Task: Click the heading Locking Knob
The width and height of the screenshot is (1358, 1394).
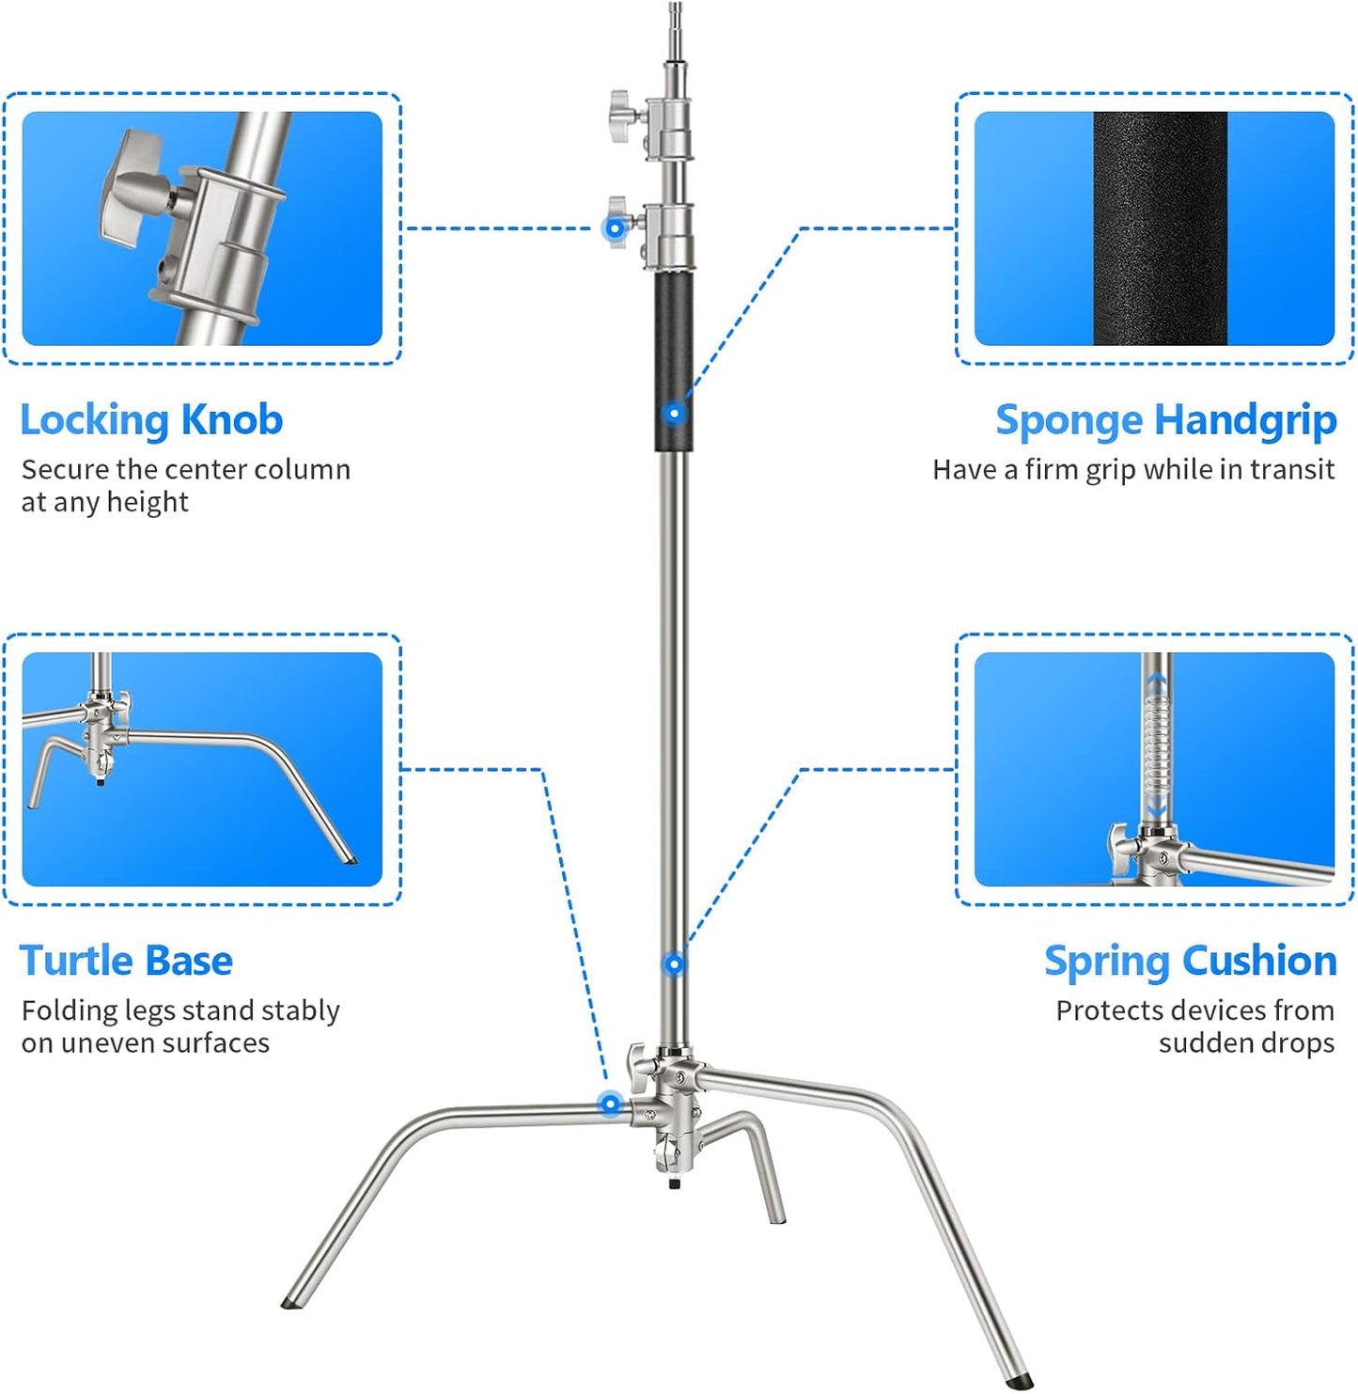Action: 151,420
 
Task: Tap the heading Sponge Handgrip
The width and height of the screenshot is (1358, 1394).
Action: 1165,420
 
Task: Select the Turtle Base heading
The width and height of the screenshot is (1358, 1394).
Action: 126,961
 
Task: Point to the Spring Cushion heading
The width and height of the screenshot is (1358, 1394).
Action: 1190,961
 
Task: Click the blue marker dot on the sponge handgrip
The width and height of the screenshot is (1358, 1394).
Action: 674,414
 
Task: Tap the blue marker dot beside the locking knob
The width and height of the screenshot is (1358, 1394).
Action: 615,228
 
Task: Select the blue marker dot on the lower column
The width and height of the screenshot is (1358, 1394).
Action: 674,963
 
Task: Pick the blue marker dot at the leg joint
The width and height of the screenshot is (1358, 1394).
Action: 611,1104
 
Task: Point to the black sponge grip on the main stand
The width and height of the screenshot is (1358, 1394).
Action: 674,357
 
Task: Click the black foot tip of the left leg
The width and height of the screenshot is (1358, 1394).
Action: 290,1304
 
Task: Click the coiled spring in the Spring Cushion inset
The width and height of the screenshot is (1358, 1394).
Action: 1157,747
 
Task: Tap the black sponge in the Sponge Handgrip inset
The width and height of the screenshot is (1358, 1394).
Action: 1160,228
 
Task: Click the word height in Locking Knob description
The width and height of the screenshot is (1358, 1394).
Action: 147,503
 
